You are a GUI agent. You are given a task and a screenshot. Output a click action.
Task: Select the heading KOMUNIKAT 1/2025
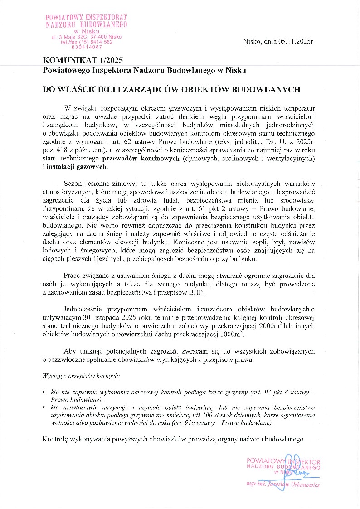pyautogui.click(x=83, y=60)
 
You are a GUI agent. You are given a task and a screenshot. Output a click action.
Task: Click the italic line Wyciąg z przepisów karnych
pyautogui.click(x=81, y=376)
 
